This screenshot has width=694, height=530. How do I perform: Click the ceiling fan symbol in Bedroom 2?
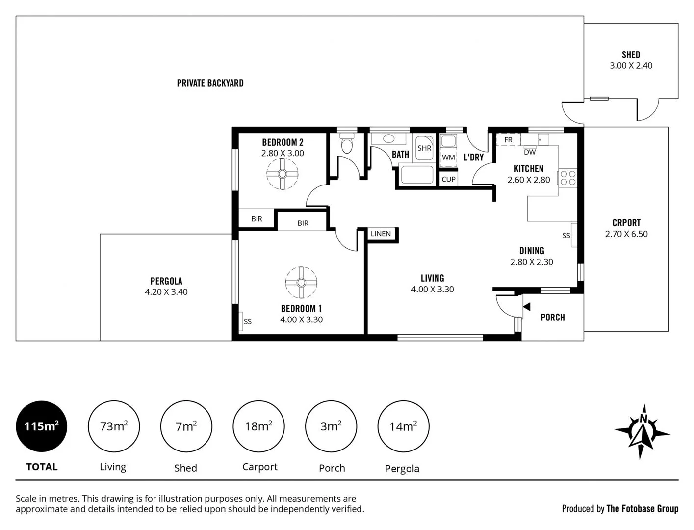(x=283, y=174)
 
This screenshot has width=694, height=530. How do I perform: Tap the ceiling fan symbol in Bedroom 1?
(x=301, y=282)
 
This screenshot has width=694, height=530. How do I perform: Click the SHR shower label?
(x=424, y=148)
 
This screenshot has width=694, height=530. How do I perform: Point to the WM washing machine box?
(x=448, y=158)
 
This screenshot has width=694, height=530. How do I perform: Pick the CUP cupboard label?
(x=448, y=179)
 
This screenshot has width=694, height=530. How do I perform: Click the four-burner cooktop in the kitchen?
(x=568, y=178)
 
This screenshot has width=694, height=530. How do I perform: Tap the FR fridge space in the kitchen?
(x=508, y=140)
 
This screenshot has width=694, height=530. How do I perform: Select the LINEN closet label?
(x=381, y=234)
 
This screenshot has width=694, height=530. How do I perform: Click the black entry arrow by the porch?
(x=527, y=307)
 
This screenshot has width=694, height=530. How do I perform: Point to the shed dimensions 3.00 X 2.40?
(x=631, y=66)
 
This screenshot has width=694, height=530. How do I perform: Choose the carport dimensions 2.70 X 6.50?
(x=626, y=234)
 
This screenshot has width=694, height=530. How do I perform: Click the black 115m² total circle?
(x=42, y=426)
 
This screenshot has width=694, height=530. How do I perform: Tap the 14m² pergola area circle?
(x=403, y=426)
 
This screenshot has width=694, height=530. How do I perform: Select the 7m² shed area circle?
(x=186, y=426)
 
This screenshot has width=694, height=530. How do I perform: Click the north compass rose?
(x=642, y=431)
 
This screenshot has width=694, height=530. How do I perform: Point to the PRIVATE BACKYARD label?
(x=210, y=83)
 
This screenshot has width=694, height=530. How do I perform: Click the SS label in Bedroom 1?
(x=248, y=321)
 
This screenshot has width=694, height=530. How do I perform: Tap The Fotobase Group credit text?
(x=642, y=509)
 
